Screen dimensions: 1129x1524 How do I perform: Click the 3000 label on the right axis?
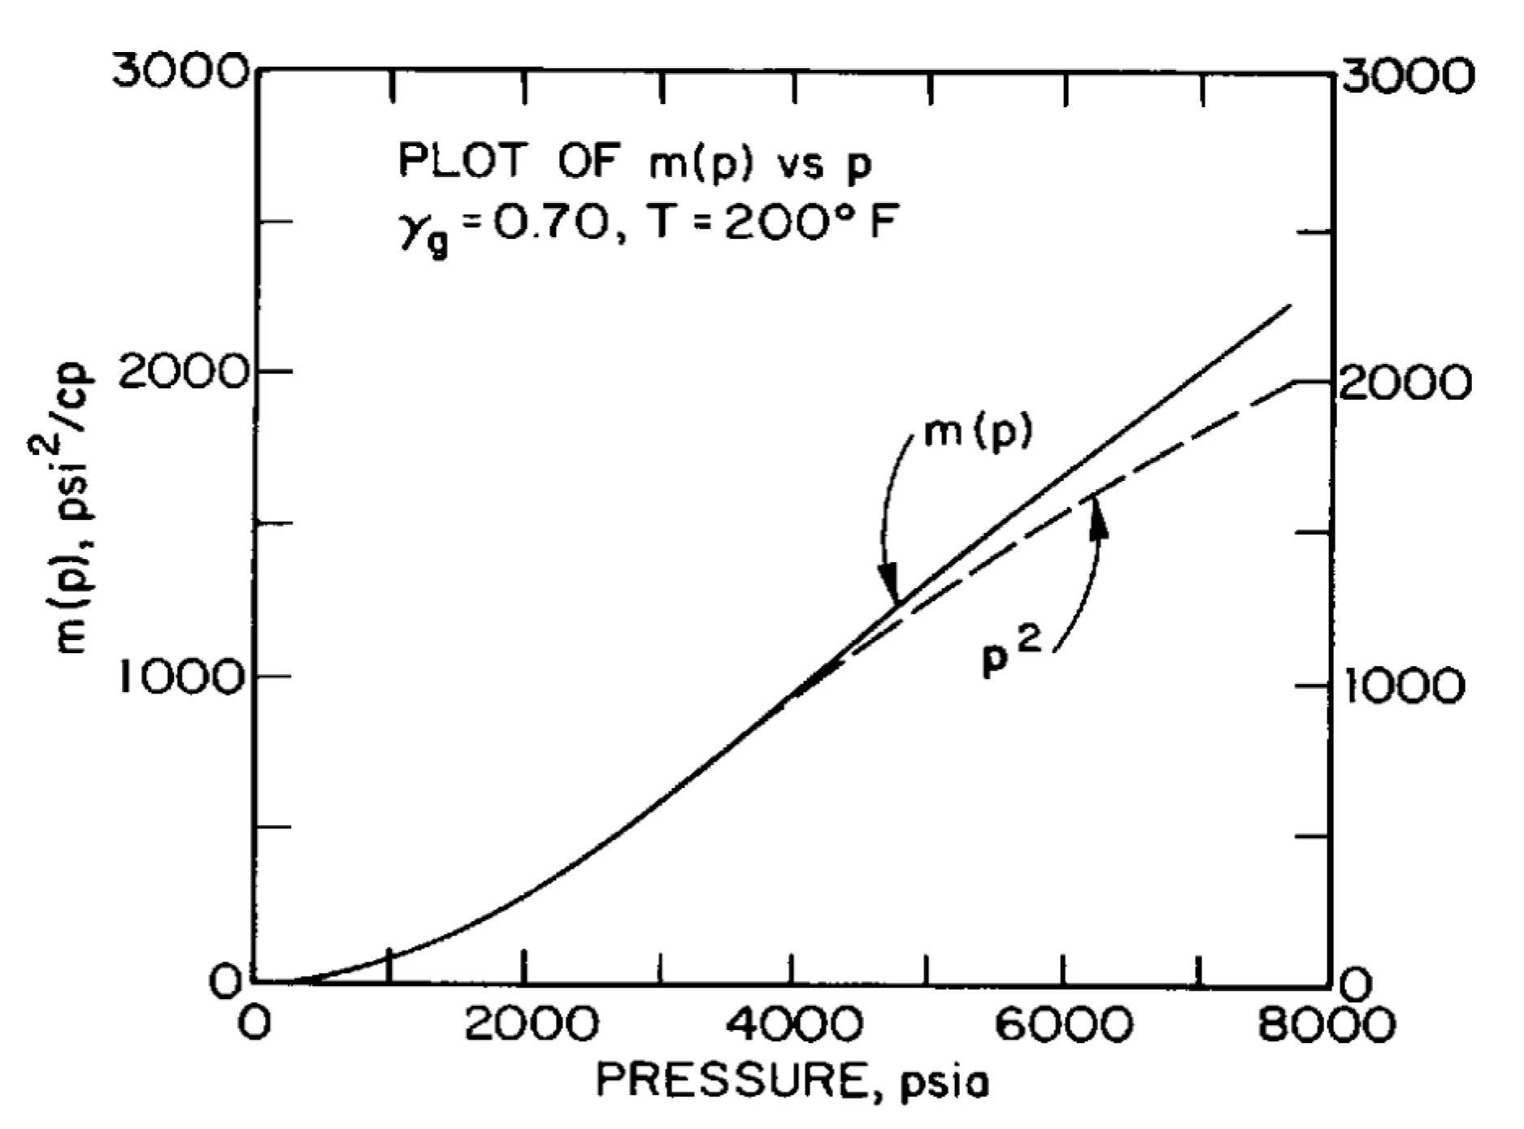1405,76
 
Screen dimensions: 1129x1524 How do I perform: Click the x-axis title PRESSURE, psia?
792,1081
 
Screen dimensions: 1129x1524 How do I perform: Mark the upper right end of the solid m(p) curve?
1290,305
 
